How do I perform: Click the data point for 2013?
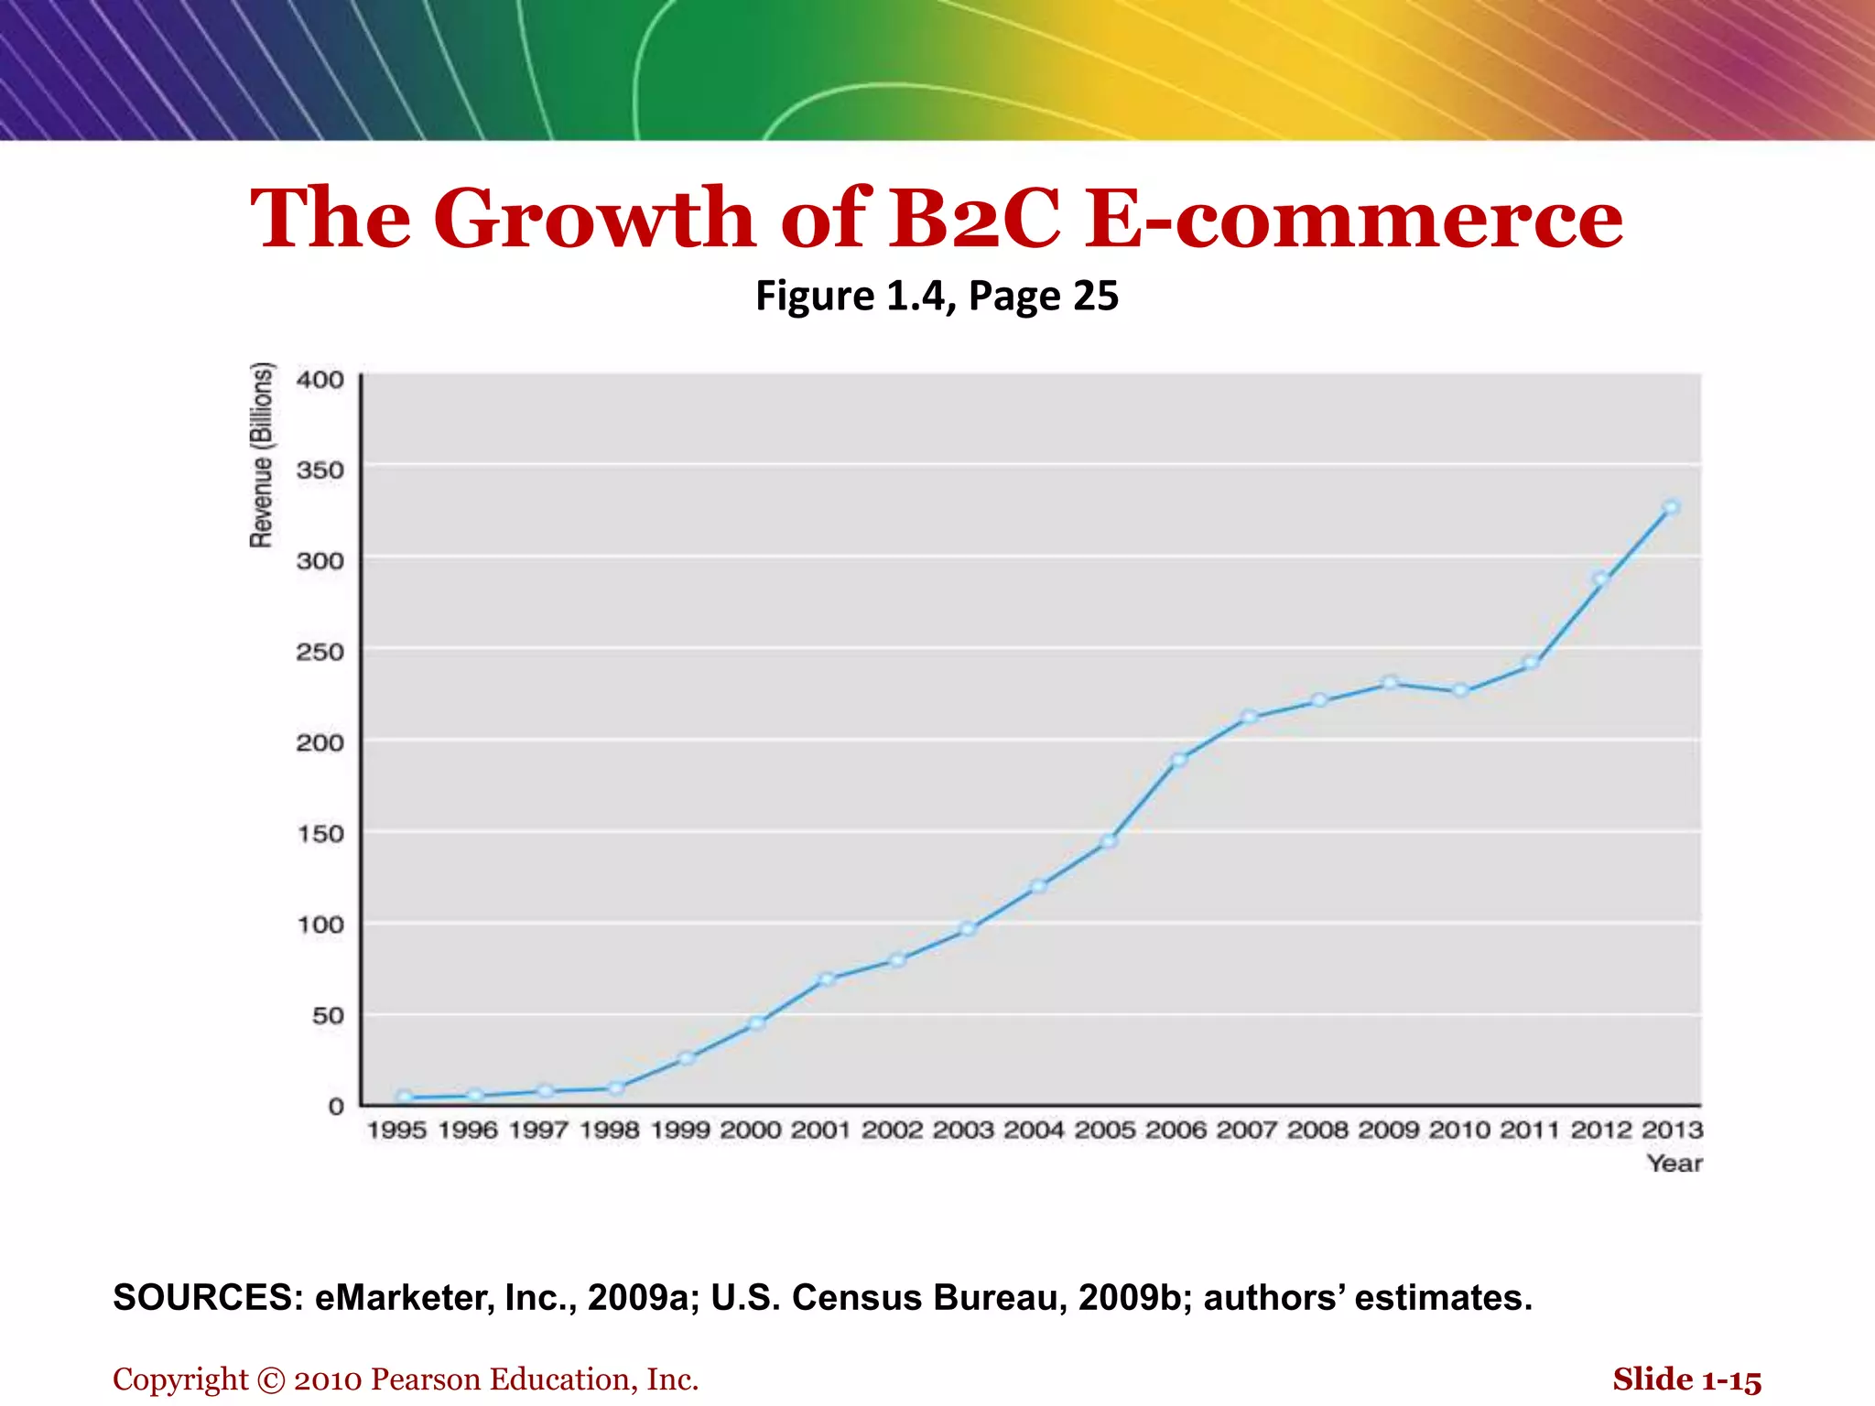1672,507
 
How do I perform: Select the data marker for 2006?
1179,760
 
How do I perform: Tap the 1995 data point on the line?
405,1097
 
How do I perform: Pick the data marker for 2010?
1461,691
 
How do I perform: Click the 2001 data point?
827,979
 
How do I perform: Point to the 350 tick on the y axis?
320,470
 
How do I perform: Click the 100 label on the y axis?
320,925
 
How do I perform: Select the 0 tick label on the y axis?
336,1107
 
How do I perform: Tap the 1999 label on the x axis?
680,1130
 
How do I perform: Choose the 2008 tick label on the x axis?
1317,1130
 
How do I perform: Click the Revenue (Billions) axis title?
262,456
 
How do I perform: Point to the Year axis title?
1674,1164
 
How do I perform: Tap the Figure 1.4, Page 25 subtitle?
937,296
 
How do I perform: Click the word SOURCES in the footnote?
207,1298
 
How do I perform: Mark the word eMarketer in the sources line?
405,1298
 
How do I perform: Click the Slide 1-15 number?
1686,1379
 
